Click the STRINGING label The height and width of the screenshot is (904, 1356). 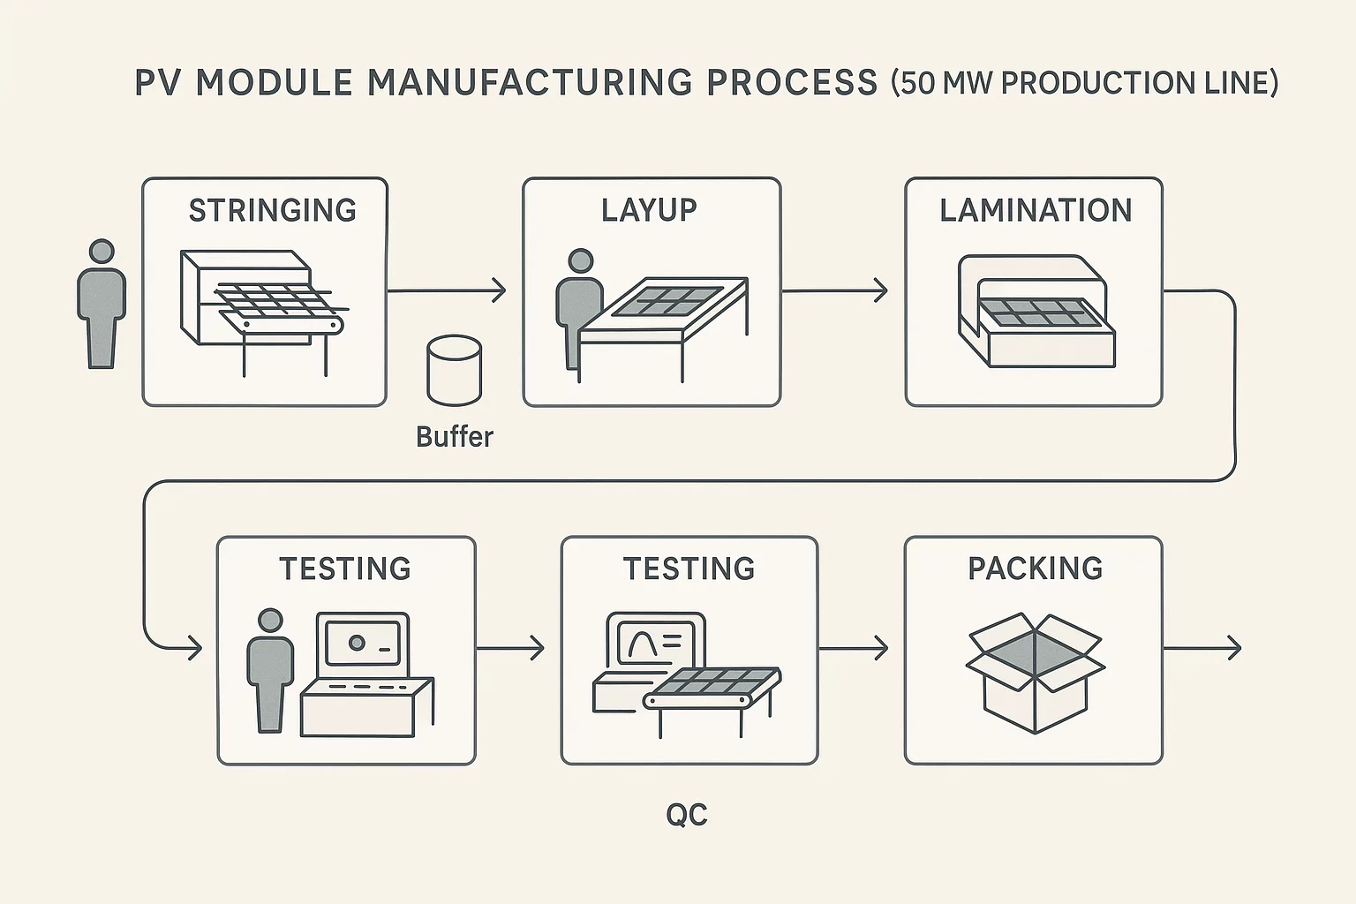click(272, 210)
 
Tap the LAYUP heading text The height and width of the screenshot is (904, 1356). click(649, 210)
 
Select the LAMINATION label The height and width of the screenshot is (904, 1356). click(1035, 210)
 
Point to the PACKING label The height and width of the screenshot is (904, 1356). click(1035, 568)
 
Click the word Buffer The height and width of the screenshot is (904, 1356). click(454, 436)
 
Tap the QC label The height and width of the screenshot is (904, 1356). click(687, 814)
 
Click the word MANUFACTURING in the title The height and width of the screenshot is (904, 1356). click(530, 82)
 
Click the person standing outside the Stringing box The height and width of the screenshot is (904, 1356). click(102, 305)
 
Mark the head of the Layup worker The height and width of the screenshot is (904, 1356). click(580, 261)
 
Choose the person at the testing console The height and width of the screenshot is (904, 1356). click(269, 671)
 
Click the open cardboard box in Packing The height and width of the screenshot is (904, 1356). click(1035, 671)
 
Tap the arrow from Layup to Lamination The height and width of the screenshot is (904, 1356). click(834, 290)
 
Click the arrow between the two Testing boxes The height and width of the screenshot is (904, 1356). click(510, 649)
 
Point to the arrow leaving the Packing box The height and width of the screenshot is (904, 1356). click(1202, 649)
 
